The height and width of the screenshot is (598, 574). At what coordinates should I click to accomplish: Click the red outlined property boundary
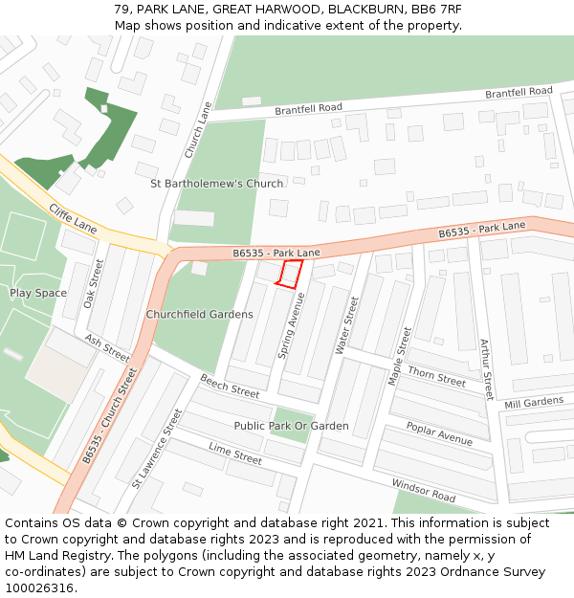[x=290, y=274]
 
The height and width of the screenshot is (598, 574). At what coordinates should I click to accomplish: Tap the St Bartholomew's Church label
[x=217, y=184]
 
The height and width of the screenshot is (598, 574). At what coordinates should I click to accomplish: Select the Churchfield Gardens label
[x=200, y=314]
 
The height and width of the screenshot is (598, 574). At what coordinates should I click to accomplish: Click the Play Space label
[x=38, y=293]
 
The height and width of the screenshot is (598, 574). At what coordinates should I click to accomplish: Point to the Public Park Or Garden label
[x=292, y=426]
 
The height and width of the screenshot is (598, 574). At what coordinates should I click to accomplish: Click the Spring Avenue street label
[x=293, y=326]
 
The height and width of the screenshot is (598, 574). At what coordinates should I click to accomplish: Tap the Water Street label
[x=346, y=326]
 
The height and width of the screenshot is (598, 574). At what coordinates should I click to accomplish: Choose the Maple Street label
[x=400, y=356]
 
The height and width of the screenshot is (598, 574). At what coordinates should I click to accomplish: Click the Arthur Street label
[x=486, y=369]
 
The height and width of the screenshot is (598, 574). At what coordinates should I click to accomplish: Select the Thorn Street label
[x=436, y=375]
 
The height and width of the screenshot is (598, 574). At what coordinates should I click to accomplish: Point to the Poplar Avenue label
[x=439, y=433]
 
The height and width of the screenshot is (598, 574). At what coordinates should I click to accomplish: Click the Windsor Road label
[x=424, y=491]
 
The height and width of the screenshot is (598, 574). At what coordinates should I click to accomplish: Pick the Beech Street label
[x=230, y=387]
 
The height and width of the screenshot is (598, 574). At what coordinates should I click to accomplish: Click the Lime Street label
[x=235, y=454]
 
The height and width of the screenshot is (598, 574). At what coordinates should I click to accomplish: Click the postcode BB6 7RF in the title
[x=436, y=9]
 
